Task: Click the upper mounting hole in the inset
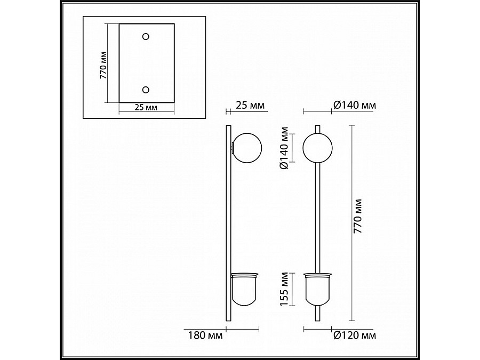pos(146,37)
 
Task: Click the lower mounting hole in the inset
pos(146,90)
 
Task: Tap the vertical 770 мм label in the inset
pos(103,65)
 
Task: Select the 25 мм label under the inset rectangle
pos(146,107)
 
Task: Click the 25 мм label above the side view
pos(250,105)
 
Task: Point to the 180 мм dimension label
pos(205,335)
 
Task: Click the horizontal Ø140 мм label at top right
pos(355,105)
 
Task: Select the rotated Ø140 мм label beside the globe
pos(284,148)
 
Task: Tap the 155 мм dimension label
pos(284,289)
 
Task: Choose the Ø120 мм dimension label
pos(355,335)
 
